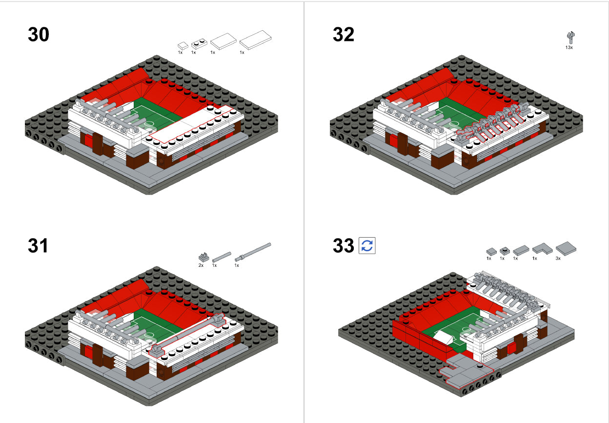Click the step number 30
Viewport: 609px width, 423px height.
point(39,35)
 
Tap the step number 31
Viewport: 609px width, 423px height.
point(39,245)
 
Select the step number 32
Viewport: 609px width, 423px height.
point(344,35)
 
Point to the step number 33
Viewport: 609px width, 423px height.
point(344,245)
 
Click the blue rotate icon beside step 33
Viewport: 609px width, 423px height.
point(367,245)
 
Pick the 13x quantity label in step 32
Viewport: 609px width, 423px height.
point(569,48)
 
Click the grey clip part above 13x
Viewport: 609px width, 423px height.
point(569,38)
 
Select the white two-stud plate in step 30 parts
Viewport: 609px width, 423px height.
point(199,44)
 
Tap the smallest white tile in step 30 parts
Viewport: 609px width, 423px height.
point(182,44)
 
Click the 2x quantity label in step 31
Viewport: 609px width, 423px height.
point(201,265)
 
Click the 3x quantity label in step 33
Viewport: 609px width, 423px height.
point(558,259)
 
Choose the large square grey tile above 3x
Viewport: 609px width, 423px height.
point(566,248)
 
